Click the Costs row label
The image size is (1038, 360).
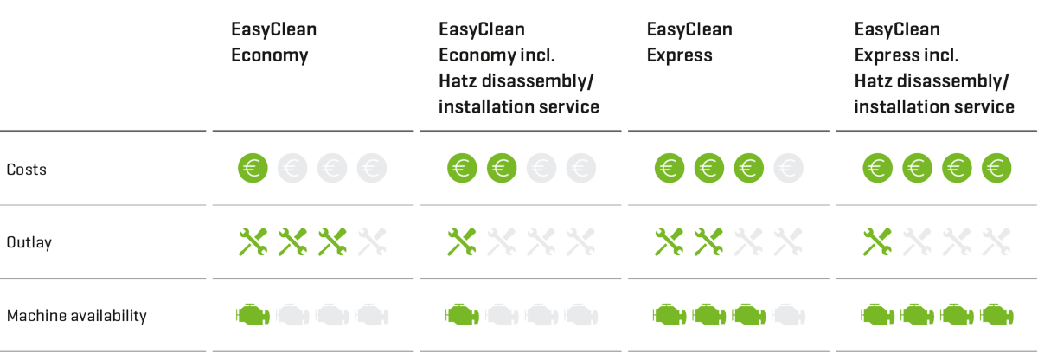coord(27,170)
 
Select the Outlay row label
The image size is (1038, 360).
coord(29,242)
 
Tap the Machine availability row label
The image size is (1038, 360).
coord(77,316)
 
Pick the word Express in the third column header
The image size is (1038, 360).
coord(680,55)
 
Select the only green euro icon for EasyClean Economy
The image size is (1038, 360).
coord(253,168)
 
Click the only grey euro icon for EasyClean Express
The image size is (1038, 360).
coord(788,168)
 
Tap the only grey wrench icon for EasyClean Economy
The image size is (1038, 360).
coord(373,241)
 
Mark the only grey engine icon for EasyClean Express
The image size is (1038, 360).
coord(788,314)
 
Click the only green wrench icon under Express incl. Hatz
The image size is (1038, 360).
coord(877,241)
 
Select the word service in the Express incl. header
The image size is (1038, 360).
coord(987,107)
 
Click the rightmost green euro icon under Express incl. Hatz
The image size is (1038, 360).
coord(996,168)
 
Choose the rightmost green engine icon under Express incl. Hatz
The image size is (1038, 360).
coord(996,314)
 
